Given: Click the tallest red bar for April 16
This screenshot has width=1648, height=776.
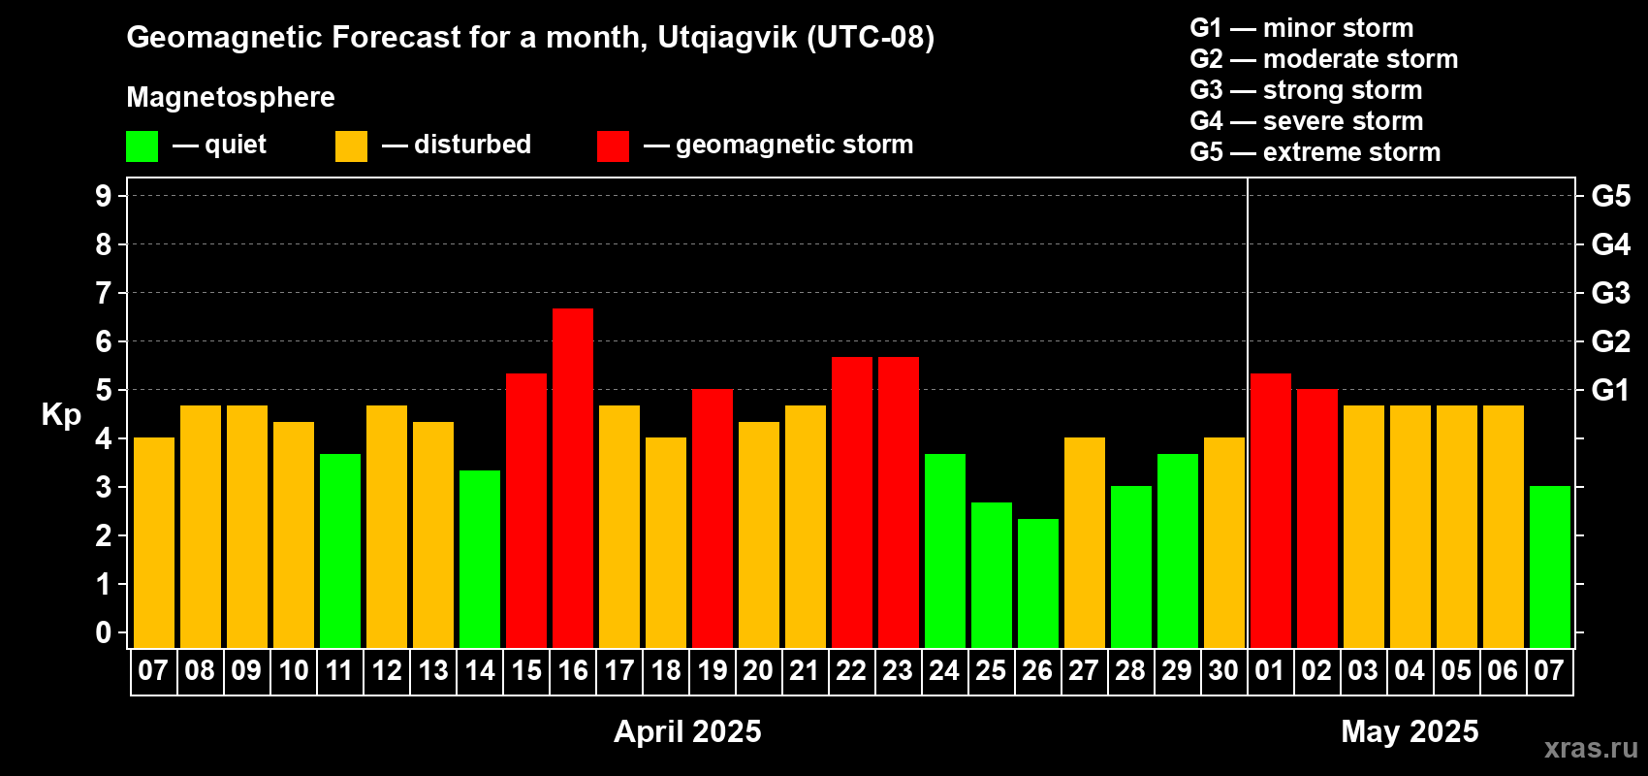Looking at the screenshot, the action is (x=572, y=478).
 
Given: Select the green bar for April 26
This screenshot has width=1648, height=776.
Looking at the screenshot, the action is (x=1038, y=583).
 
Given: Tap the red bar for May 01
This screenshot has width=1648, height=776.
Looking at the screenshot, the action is (x=1271, y=510).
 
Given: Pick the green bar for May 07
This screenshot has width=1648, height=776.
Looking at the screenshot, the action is (x=1549, y=566).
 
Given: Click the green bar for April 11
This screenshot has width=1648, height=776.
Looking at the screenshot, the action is (x=340, y=551).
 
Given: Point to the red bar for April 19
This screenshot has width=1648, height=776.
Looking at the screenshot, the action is (x=713, y=518).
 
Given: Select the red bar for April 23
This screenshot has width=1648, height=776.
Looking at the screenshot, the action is (x=899, y=502).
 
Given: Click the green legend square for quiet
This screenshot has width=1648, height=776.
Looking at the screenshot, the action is (x=142, y=145).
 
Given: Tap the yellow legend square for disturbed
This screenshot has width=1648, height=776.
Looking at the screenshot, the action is (x=351, y=145).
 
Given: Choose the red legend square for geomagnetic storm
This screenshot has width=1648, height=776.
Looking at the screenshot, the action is (x=613, y=145).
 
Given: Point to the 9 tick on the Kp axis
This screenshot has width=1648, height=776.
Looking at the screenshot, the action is (x=103, y=196).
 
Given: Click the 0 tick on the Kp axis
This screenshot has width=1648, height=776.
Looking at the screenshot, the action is (x=103, y=632).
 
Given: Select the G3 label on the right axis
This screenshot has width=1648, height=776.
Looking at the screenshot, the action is (x=1610, y=293).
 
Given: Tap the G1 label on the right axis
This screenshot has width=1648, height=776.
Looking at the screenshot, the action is (x=1610, y=390).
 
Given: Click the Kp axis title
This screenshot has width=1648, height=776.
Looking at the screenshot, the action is (x=61, y=414).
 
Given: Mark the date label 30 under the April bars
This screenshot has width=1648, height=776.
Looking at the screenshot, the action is (x=1224, y=670).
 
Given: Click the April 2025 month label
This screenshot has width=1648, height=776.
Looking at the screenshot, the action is (x=687, y=731).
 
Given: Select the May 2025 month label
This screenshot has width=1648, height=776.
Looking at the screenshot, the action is (x=1410, y=731).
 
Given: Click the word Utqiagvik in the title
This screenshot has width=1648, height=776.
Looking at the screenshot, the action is (x=727, y=38).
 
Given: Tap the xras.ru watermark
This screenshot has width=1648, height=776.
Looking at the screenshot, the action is (x=1592, y=748).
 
